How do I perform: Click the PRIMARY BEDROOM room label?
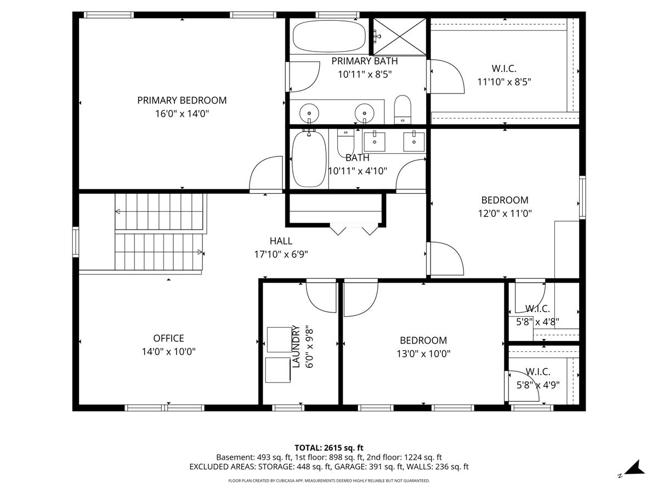pos(181,100)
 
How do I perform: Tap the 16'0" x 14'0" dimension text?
pos(181,114)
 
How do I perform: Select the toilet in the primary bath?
pos(402,109)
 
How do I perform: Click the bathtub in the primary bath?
pos(329,36)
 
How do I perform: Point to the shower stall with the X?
pos(400,37)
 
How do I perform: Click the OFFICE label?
pos(168,338)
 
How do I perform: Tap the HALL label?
pos(281,241)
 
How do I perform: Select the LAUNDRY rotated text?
pos(296,346)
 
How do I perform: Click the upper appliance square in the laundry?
pos(280,340)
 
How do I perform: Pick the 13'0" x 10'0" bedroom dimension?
pos(423,353)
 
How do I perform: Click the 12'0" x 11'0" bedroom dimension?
pos(505,214)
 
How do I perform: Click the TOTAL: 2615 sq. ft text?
pos(329,448)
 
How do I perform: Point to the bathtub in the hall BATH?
pos(309,159)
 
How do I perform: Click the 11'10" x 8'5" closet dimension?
pos(504,82)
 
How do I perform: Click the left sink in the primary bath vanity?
pos(309,114)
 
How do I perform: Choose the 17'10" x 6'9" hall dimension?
pos(281,254)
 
